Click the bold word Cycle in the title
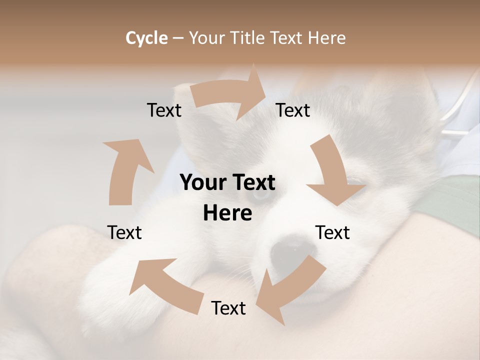pyautogui.click(x=146, y=38)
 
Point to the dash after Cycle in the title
pyautogui.click(x=178, y=38)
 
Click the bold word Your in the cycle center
pyautogui.click(x=202, y=183)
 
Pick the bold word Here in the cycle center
pyautogui.click(x=227, y=213)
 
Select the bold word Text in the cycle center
pyautogui.click(x=252, y=183)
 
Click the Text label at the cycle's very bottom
pyautogui.click(x=228, y=308)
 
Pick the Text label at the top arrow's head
pyautogui.click(x=293, y=110)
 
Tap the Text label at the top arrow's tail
pyautogui.click(x=164, y=110)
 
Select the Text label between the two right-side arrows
pyautogui.click(x=332, y=233)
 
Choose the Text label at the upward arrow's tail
pyautogui.click(x=124, y=233)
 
